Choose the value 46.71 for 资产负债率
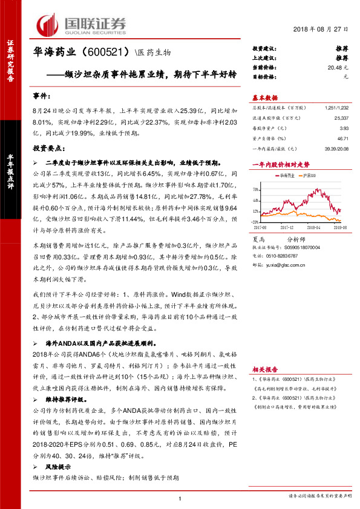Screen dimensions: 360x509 click(344, 138)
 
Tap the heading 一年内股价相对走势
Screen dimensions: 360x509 click(281, 164)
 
